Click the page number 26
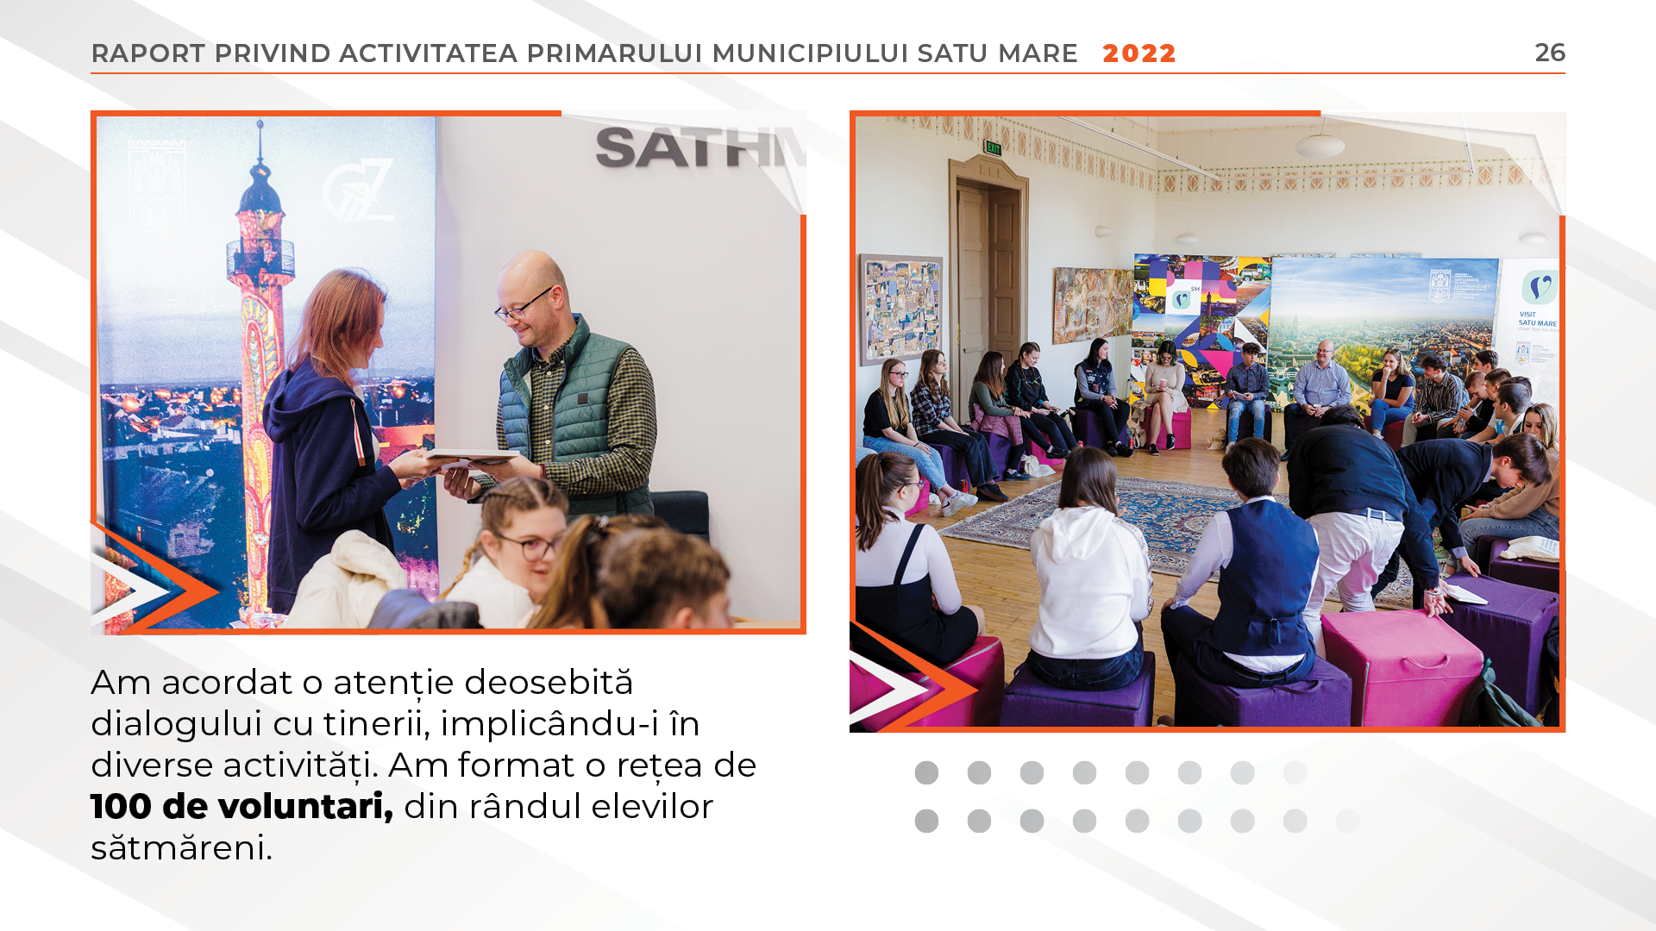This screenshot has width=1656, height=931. click(1550, 53)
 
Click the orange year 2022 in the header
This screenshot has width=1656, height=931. click(1139, 53)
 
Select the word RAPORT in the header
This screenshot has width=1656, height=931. click(148, 53)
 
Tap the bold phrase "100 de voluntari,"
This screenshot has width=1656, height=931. click(241, 807)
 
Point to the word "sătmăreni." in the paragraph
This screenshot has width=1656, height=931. click(181, 848)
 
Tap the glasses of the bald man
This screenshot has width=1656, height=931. click(523, 304)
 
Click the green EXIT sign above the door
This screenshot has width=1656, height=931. click(994, 148)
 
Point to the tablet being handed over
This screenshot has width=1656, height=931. click(470, 456)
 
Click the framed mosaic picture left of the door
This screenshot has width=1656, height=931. click(900, 307)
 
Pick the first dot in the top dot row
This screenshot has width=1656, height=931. click(926, 773)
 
